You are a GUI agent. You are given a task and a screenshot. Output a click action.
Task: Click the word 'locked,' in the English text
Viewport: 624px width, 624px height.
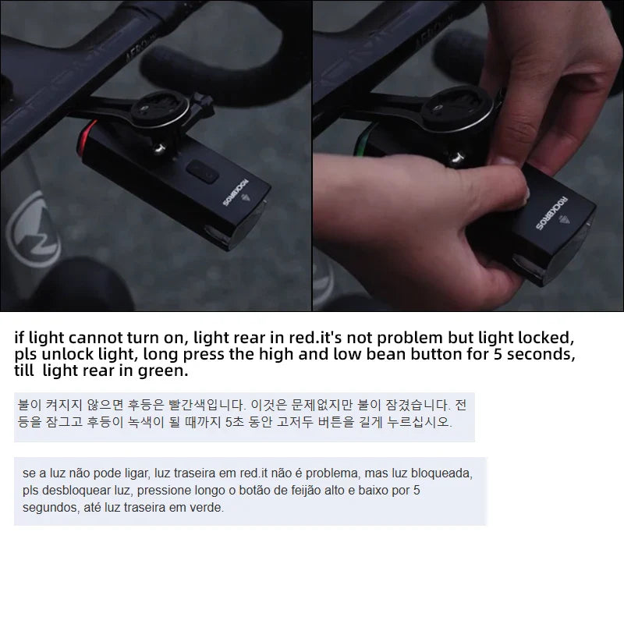pos(546,339)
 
